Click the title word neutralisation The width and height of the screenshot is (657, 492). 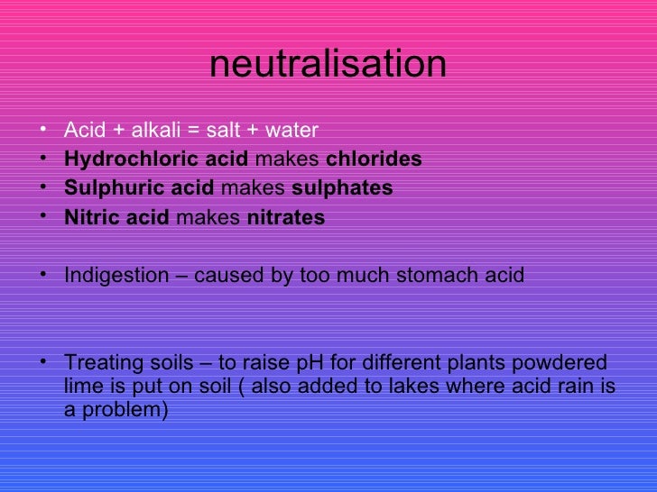pyautogui.click(x=328, y=65)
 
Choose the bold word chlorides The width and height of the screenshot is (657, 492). pyautogui.click(x=373, y=159)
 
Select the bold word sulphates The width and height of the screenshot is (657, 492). pyautogui.click(x=344, y=188)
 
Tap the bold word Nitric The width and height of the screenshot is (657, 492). pyautogui.click(x=87, y=217)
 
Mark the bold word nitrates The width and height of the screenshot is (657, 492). pyautogui.click(x=285, y=217)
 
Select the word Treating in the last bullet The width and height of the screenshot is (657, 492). pyautogui.click(x=100, y=364)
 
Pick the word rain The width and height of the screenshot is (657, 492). pyautogui.click(x=576, y=387)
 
